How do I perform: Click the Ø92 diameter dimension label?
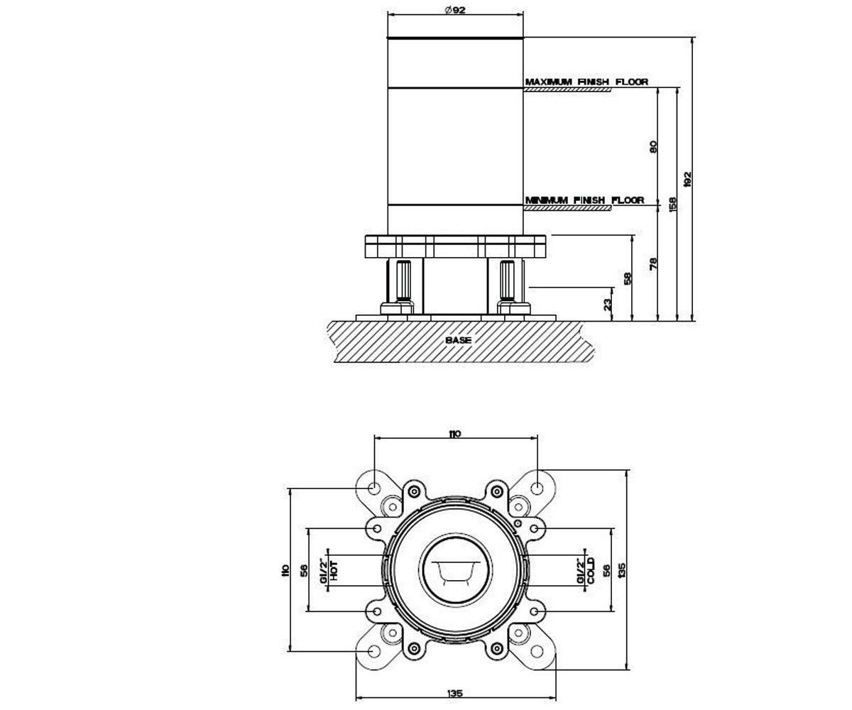pyautogui.click(x=455, y=10)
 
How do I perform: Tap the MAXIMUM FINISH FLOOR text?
pyautogui.click(x=586, y=82)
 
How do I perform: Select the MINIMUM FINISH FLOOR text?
pyautogui.click(x=584, y=200)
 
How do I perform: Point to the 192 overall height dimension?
pyautogui.click(x=687, y=179)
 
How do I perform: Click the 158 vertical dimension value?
pyautogui.click(x=672, y=204)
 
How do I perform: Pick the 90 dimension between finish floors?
pyautogui.click(x=652, y=146)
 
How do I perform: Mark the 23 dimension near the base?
pyautogui.click(x=607, y=305)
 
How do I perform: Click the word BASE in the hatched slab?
pyautogui.click(x=458, y=340)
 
